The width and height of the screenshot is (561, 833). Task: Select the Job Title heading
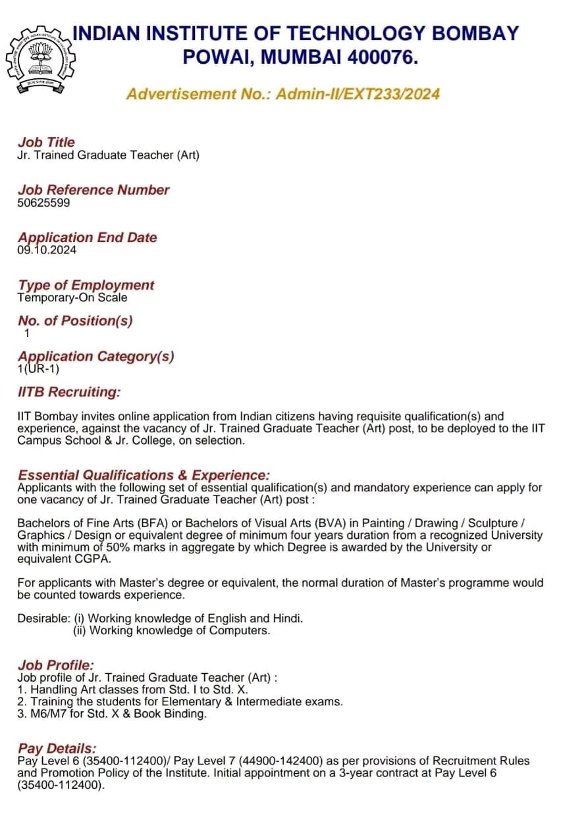coord(46,142)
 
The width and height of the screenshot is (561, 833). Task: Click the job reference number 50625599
coord(43,203)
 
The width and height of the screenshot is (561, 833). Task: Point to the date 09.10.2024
coord(47,250)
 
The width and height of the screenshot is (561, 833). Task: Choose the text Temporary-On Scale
coord(72,297)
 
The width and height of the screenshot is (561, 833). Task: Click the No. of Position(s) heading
coord(75,321)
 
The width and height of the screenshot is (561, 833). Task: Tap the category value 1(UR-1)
coord(38,368)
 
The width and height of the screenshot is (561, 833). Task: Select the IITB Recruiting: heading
coord(69,392)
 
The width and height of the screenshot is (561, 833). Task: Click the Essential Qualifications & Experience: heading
coord(144,475)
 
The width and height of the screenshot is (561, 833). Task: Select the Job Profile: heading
coord(56,665)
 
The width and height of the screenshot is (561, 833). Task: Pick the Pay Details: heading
coord(57,749)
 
